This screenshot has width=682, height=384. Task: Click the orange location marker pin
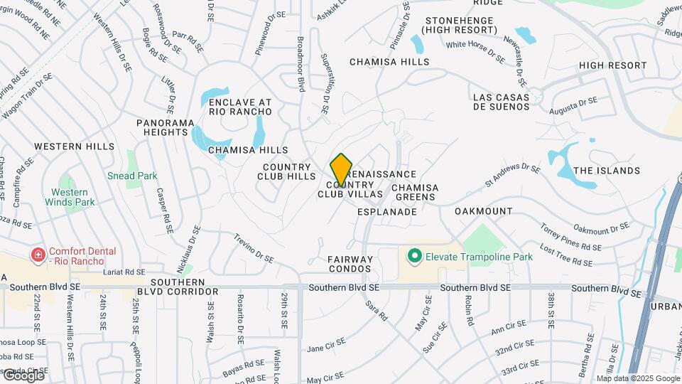(341, 170)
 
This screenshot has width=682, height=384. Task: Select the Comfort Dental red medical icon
(36, 255)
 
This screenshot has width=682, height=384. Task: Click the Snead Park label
(132, 176)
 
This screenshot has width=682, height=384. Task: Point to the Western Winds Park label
(70, 197)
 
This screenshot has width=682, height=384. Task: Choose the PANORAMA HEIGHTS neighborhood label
(165, 127)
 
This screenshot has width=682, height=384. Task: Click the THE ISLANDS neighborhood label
(606, 171)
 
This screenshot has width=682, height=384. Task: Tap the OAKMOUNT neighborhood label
(483, 211)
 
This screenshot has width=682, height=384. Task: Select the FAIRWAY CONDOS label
(350, 264)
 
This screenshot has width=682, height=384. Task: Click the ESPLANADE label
(386, 211)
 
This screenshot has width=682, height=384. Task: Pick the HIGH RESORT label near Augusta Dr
(612, 65)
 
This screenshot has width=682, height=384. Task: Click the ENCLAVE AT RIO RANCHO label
(240, 107)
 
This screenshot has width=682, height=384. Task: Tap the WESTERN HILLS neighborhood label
(74, 146)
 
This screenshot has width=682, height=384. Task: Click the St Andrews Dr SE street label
(512, 176)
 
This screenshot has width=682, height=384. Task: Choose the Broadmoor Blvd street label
(301, 64)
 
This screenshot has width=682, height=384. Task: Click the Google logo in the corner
(23, 375)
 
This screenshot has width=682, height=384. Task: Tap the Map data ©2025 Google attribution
(638, 378)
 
